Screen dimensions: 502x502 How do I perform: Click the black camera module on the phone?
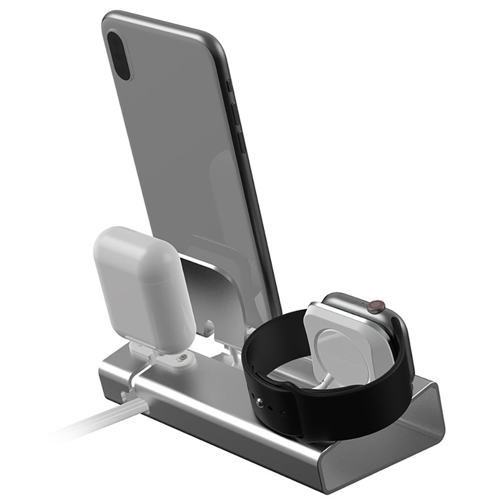click(x=118, y=56)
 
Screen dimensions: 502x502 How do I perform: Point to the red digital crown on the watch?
click(x=374, y=305)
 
